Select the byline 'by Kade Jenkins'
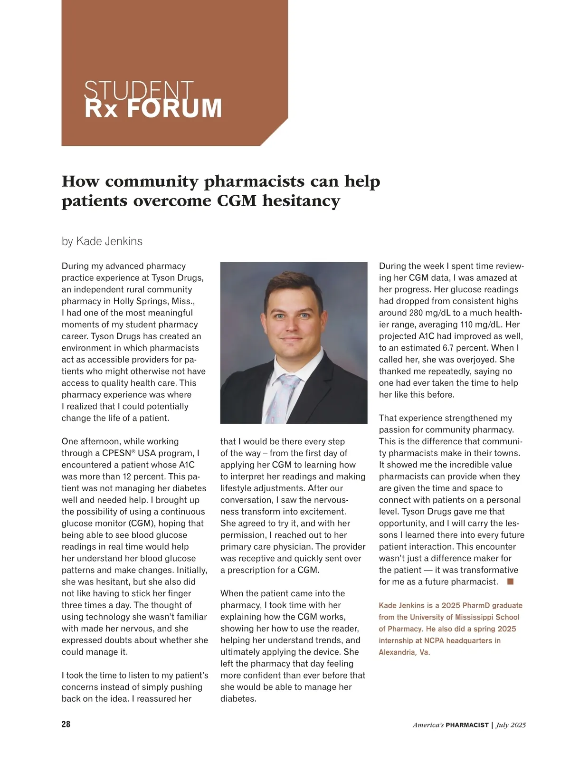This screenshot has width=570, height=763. (x=102, y=241)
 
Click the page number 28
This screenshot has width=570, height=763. (x=66, y=724)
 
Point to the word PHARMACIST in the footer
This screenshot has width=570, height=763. (x=467, y=725)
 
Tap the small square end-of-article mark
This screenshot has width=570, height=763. (x=510, y=582)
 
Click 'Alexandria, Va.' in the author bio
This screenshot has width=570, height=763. (x=404, y=652)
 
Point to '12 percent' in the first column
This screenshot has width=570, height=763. (x=134, y=477)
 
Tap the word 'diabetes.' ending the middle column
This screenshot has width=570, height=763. (x=238, y=699)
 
